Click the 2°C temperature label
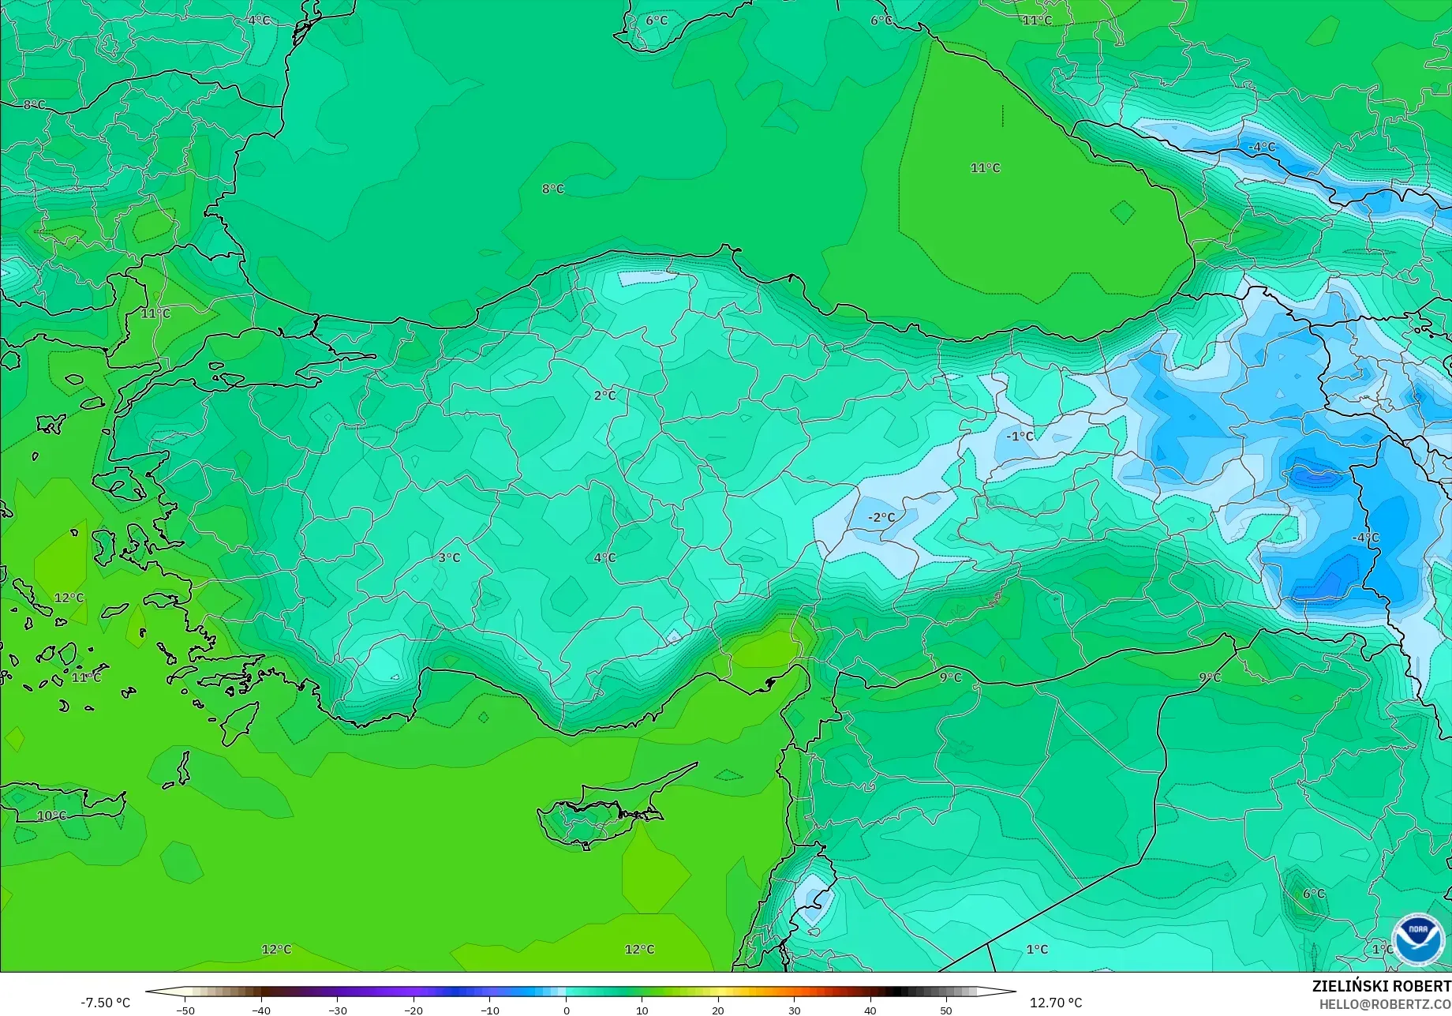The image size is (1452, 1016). (x=604, y=396)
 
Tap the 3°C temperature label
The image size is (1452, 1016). (x=449, y=557)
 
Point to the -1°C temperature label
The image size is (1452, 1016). (x=1019, y=437)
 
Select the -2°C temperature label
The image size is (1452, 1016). (x=881, y=518)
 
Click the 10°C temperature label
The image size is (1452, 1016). (x=51, y=815)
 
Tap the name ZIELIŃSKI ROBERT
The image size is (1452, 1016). (x=1381, y=986)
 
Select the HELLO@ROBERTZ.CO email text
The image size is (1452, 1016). (x=1385, y=1004)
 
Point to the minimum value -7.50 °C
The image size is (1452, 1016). (x=105, y=1003)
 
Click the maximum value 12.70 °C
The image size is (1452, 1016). (x=1056, y=1003)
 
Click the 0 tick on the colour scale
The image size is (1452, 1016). (x=566, y=1010)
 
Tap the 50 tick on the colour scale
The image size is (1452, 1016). (x=945, y=1010)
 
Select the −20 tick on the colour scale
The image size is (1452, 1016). (x=414, y=1010)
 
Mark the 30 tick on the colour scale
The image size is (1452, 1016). (x=794, y=1010)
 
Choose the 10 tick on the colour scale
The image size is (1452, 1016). (x=642, y=1010)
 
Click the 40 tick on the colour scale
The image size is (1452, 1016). (x=870, y=1010)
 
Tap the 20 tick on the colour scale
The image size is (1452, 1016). (x=717, y=1010)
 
